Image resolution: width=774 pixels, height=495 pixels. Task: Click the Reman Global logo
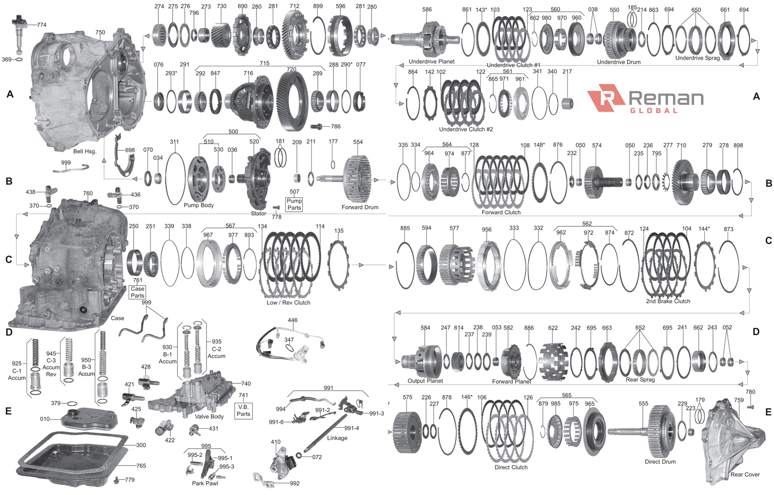pos(645,99)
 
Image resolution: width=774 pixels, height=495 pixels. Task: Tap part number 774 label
pos(42,25)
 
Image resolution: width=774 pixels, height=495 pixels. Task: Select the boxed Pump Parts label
pos(294,204)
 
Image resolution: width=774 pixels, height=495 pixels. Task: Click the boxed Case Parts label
pos(137,292)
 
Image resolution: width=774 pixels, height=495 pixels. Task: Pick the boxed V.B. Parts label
pos(243,410)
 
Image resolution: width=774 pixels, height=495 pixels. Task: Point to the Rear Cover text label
pos(745,475)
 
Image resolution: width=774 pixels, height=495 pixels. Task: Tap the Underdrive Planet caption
pos(432,61)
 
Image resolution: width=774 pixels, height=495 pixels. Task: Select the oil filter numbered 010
pos(89,419)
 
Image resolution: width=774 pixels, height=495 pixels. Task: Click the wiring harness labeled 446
pos(290,342)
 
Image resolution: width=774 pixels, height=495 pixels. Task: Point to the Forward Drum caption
pos(360,207)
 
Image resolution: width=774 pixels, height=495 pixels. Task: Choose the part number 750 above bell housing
pos(100,32)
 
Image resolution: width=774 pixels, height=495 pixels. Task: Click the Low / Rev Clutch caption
pos(288,303)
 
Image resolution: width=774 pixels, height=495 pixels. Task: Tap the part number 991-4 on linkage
pos(351,428)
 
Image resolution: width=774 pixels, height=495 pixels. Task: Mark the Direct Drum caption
pos(660,462)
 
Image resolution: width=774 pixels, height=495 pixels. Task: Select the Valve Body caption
pos(209,417)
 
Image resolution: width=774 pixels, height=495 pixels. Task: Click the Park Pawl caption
pos(205,483)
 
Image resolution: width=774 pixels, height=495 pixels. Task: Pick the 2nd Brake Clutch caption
pos(668,301)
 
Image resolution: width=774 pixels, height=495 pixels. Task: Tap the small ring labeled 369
pos(19,59)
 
